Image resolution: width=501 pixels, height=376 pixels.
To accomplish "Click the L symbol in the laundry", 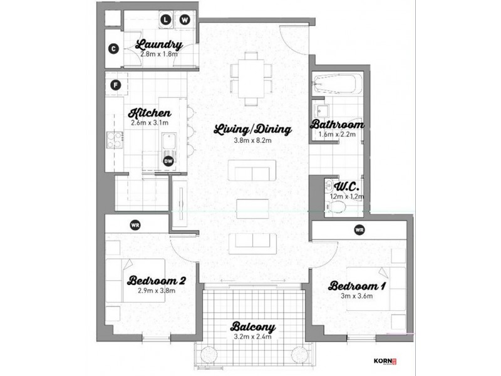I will click(167, 20).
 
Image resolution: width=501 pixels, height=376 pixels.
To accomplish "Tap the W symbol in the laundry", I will click(185, 20).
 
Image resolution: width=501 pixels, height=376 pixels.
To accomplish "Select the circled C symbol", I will click(113, 49).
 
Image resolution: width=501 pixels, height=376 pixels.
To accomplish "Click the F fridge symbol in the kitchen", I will click(115, 85).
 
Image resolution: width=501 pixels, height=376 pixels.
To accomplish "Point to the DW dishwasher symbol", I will click(168, 161).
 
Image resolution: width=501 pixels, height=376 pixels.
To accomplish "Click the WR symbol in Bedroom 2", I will click(135, 224).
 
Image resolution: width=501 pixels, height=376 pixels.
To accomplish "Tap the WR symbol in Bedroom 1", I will click(359, 230).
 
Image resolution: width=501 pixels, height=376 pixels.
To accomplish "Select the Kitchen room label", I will click(150, 113).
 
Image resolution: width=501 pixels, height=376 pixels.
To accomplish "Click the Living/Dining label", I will click(252, 130).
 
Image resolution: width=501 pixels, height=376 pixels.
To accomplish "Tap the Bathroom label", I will click(337, 125).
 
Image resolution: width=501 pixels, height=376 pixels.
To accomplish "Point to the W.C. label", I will click(345, 186).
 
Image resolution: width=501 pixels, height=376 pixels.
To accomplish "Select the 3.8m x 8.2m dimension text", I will click(252, 141).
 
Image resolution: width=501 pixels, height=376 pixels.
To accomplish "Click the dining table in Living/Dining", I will click(253, 76).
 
